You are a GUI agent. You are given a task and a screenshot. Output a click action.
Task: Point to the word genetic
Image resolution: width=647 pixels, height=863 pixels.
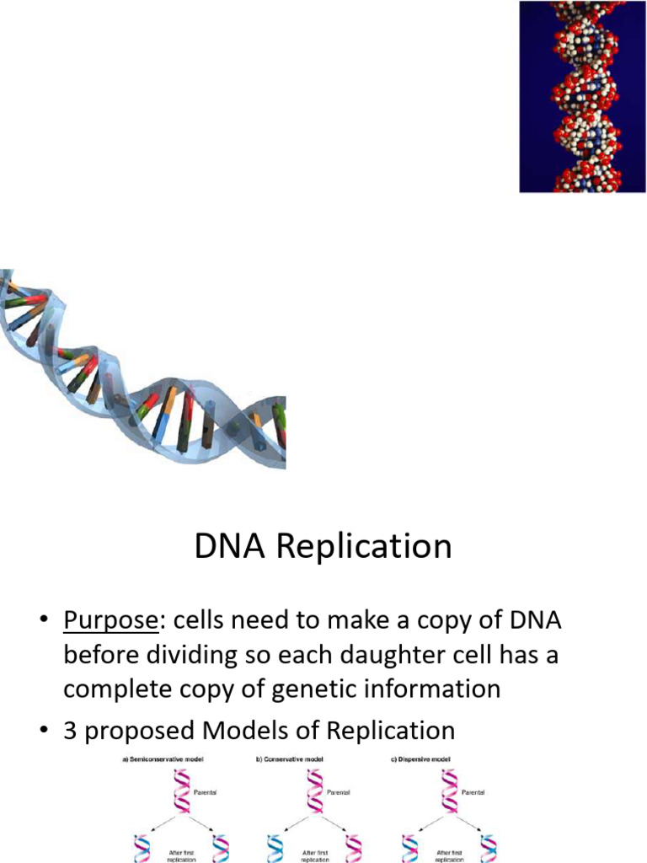pyautogui.click(x=332, y=689)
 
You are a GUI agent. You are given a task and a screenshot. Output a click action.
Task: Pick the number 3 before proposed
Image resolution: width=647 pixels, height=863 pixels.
pyautogui.click(x=72, y=730)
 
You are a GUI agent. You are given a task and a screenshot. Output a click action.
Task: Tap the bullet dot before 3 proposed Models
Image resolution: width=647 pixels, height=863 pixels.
pyautogui.click(x=40, y=731)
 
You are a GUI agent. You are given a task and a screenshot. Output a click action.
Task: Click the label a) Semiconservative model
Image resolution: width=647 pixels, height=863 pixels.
pyautogui.click(x=160, y=760)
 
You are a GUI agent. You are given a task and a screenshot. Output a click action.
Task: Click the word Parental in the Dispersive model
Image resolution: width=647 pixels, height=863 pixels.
pyautogui.click(x=477, y=793)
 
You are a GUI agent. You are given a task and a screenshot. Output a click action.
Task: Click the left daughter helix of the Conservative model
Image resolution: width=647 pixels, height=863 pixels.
pyautogui.click(x=275, y=848)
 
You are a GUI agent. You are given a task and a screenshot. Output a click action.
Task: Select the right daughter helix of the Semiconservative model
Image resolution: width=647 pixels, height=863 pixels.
pyautogui.click(x=222, y=848)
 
